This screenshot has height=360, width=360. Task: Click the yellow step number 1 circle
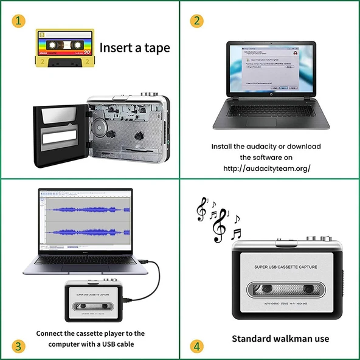(x=19, y=21)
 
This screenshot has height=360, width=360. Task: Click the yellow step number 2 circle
(x=196, y=21)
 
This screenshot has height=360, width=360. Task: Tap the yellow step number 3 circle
(x=19, y=347)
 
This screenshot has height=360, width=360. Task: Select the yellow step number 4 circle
(x=196, y=347)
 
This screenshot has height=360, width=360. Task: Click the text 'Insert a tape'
(x=134, y=47)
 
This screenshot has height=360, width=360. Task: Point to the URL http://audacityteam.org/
(x=267, y=168)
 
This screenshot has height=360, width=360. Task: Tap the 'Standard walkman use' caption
(x=280, y=339)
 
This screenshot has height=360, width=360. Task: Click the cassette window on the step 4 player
(x=284, y=289)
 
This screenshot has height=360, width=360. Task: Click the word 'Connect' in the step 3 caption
(x=52, y=333)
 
